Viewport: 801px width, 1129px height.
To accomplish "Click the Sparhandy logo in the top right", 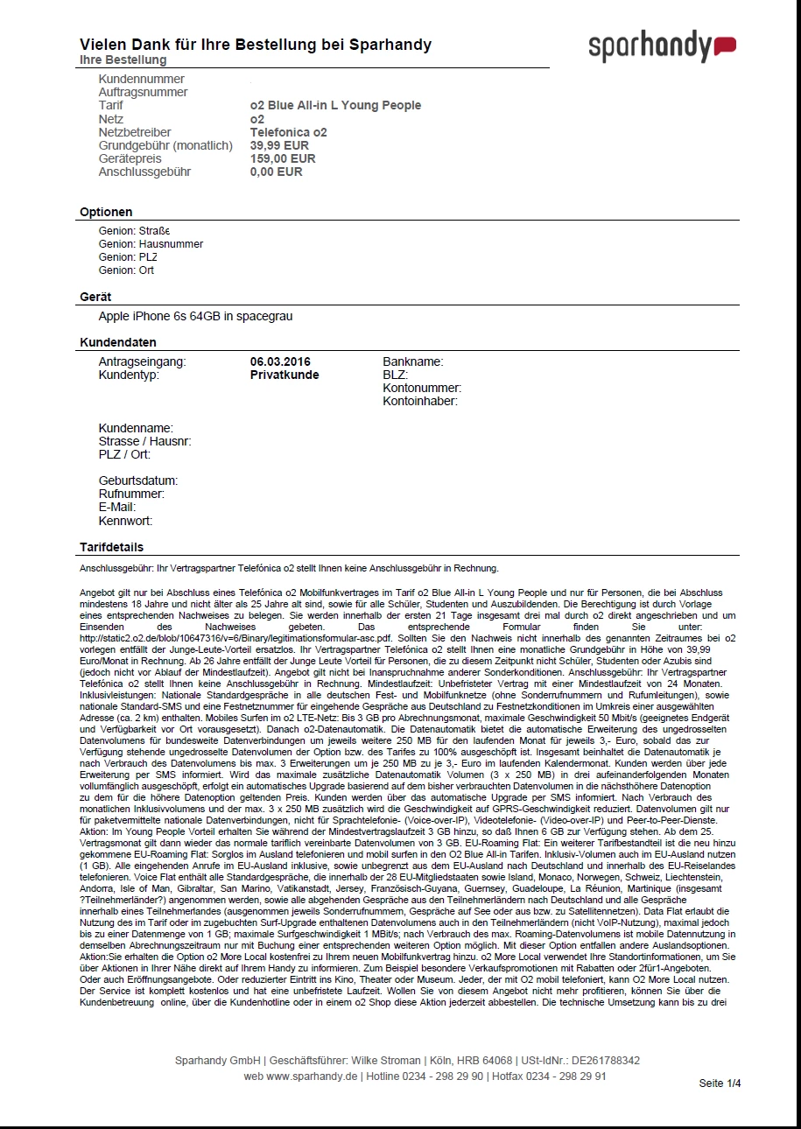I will click(x=661, y=46).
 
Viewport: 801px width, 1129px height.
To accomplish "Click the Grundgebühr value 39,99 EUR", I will click(x=279, y=145).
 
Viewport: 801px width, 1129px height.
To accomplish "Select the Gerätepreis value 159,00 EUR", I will click(x=283, y=158).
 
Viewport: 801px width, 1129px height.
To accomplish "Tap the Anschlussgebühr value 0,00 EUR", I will click(x=276, y=172).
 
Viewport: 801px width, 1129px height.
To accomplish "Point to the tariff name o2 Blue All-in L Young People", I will click(x=335, y=105).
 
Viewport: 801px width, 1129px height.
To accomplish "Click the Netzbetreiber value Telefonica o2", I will click(x=288, y=132).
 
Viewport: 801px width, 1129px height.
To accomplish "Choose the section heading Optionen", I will click(x=106, y=212).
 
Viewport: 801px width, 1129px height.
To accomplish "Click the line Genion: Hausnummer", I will click(x=151, y=244).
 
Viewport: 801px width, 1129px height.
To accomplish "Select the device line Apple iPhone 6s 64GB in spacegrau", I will click(x=195, y=316).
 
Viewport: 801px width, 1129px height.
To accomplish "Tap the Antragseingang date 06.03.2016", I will click(x=280, y=361).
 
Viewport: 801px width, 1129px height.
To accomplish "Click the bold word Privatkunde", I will click(x=285, y=375).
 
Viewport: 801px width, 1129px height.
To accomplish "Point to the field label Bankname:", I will click(x=412, y=361).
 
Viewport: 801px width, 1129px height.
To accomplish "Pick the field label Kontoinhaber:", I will click(x=419, y=402).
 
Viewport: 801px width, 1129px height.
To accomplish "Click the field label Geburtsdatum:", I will click(x=138, y=480).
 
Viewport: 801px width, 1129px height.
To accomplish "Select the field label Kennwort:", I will click(x=125, y=521).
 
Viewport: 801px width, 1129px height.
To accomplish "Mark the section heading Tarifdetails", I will click(x=111, y=548).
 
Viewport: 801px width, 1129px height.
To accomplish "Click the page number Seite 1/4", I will click(x=720, y=1083).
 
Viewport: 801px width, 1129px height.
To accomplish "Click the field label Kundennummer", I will click(x=142, y=79).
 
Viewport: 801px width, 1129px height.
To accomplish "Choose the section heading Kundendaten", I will click(x=118, y=342).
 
